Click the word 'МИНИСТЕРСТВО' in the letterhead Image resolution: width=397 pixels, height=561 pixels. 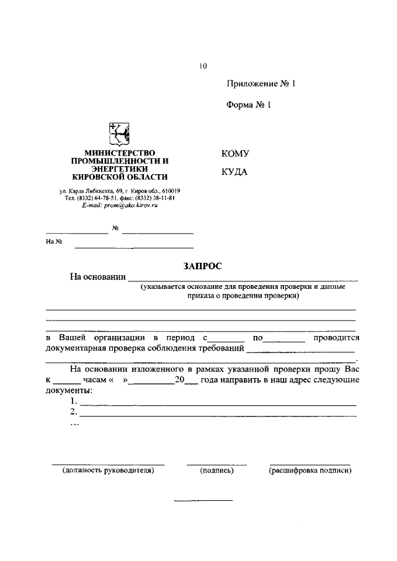pos(120,152)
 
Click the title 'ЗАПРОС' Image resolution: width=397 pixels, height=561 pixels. pos(202,266)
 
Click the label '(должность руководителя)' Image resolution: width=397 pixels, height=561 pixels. pos(108,470)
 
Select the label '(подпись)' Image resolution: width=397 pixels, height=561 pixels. pos(216,470)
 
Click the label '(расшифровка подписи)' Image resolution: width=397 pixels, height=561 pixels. pos(310,470)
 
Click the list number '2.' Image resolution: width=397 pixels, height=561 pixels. pos(74,412)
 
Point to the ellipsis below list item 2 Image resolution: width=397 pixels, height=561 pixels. pos(74,424)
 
